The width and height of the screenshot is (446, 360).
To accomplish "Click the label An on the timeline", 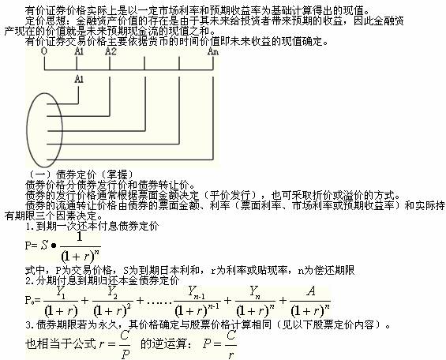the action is (x=213, y=51).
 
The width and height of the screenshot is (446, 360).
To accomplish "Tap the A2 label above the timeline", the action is (x=111, y=51).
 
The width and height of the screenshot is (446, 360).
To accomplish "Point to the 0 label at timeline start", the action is (x=44, y=51).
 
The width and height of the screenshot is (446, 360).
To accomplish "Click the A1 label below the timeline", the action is (x=79, y=79).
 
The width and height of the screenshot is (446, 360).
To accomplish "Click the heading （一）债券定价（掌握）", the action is (x=80, y=175).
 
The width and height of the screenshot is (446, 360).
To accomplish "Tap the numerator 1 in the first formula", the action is (x=80, y=237).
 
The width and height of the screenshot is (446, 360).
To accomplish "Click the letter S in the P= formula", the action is (x=44, y=245).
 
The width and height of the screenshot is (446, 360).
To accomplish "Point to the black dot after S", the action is (x=54, y=246).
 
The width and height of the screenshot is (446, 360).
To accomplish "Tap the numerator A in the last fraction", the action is (x=311, y=291).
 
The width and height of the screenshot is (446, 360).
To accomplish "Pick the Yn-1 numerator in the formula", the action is (x=197, y=292).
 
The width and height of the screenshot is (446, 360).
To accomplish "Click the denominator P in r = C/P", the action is (x=126, y=354).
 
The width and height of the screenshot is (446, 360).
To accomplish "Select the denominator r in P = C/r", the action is (x=231, y=354).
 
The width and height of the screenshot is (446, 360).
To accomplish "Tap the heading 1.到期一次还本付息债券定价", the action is (x=92, y=227).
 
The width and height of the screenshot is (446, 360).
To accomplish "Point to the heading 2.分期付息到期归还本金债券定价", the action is (x=103, y=281).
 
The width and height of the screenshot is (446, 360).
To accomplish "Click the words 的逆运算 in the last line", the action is (x=166, y=344).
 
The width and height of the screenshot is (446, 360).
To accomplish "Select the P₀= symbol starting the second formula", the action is (x=32, y=300).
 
